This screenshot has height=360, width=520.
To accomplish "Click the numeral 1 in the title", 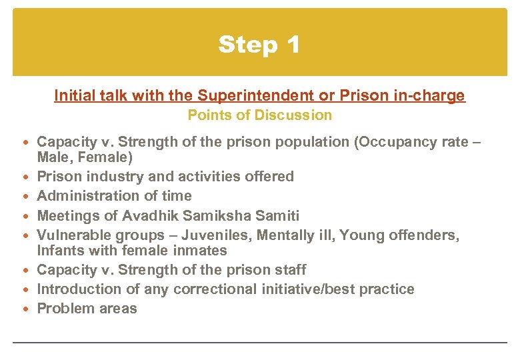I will point(292,45).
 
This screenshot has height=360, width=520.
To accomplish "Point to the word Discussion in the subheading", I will point(299,115).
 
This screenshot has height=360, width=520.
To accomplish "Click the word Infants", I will point(60,251).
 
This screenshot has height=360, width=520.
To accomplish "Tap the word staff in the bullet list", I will point(288,270).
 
